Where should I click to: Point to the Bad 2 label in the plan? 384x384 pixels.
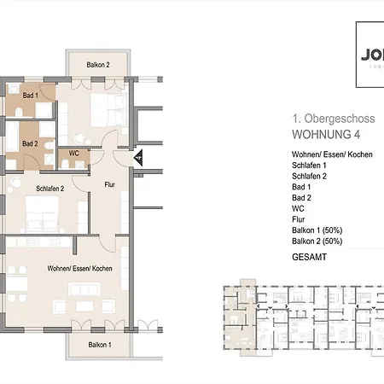pos(30,143)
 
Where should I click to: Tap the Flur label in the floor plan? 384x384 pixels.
pos(109,183)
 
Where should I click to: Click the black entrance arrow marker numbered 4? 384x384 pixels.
pos(137,157)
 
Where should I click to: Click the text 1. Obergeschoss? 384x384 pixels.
pos(329,119)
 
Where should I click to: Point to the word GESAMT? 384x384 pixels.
pos(311,256)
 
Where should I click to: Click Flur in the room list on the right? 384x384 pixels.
pos(300,218)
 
